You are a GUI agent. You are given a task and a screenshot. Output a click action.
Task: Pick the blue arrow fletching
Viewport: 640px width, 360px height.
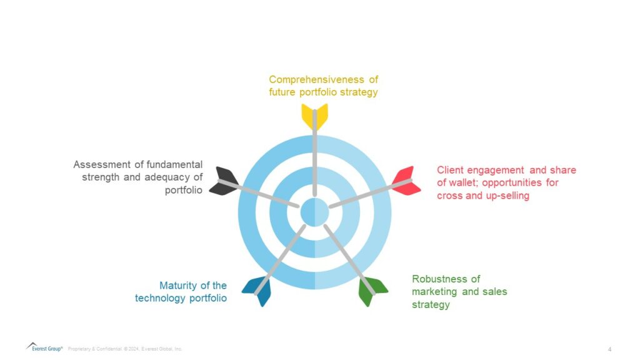[x=257, y=289]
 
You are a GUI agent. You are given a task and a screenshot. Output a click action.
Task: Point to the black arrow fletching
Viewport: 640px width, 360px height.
[x=223, y=181]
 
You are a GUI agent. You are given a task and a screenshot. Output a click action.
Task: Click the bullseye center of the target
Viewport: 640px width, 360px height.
[x=314, y=212]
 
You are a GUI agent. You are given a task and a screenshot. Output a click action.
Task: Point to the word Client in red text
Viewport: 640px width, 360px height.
[x=449, y=170]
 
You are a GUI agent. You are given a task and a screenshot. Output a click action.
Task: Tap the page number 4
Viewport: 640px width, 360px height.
[x=609, y=348]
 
